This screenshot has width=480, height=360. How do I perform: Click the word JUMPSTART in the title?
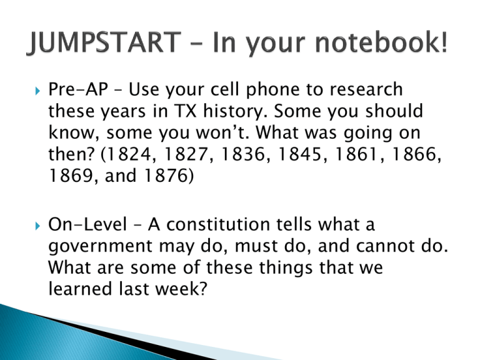pyautogui.click(x=104, y=42)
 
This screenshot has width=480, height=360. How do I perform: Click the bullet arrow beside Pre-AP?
pyautogui.click(x=37, y=91)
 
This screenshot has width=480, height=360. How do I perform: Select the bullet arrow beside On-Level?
pyautogui.click(x=37, y=226)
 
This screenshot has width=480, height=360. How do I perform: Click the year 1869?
pyautogui.click(x=71, y=176)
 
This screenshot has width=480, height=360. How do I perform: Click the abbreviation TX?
pyautogui.click(x=185, y=111)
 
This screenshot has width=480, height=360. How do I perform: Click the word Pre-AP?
pyautogui.click(x=78, y=89)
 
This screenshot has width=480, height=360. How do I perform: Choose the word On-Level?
pyautogui.click(x=87, y=224)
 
